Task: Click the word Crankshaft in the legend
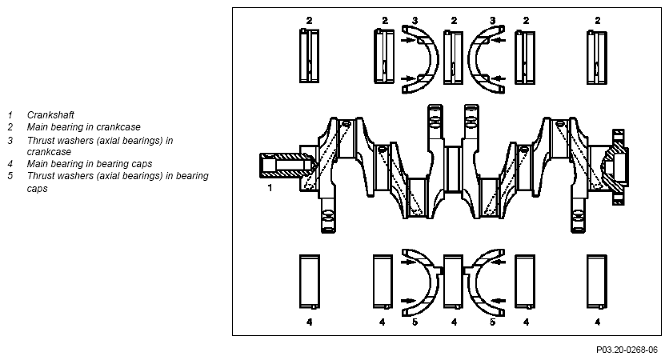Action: click(x=50, y=114)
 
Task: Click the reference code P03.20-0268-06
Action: click(x=627, y=350)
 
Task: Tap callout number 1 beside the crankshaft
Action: click(x=270, y=188)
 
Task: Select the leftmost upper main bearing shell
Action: click(x=310, y=55)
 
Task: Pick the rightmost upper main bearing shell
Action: click(x=597, y=57)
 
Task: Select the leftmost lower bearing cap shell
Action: click(x=310, y=282)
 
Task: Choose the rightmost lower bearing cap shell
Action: click(x=597, y=282)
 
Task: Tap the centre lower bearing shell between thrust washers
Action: click(x=453, y=282)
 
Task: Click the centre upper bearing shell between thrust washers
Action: click(x=453, y=57)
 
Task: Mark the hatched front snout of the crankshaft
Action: click(x=284, y=165)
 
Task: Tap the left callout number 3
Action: click(x=415, y=21)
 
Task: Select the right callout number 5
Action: click(x=492, y=322)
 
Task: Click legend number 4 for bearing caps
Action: click(x=10, y=164)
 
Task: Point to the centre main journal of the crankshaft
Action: click(x=453, y=169)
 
